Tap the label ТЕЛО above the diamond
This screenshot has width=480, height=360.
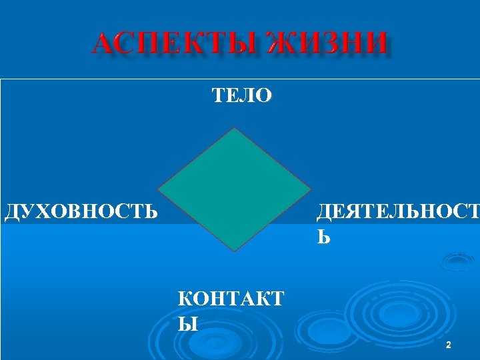coord(242,96)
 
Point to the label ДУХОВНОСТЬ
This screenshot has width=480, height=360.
coord(81,213)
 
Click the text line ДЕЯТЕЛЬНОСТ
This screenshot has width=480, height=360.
coord(397,213)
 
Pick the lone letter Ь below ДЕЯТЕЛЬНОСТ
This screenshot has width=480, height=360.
coord(323,236)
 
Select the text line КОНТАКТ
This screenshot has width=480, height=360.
coord(231,299)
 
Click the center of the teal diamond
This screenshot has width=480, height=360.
coord(235,189)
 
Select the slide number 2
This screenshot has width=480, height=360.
coord(448,345)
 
